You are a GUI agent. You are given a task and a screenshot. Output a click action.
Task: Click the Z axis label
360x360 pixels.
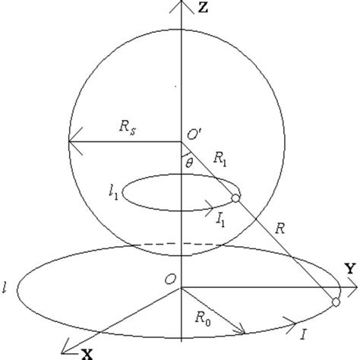(201, 8)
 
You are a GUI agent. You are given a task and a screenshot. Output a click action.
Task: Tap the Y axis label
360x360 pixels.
(350, 268)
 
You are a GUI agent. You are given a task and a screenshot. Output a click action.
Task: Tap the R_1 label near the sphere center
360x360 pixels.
(220, 160)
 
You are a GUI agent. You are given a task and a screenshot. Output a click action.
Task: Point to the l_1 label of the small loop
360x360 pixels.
(112, 194)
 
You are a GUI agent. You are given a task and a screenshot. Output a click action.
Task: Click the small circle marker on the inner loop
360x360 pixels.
(235, 199)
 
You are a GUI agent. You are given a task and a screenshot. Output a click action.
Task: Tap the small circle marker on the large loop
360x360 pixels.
(335, 304)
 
